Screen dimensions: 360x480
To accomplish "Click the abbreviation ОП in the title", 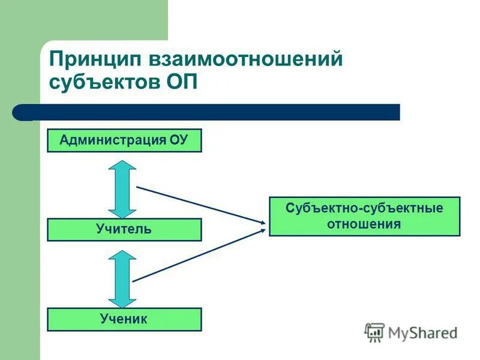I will (x=182, y=82).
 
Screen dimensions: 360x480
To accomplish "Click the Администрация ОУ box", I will (x=124, y=140).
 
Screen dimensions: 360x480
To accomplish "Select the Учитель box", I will (x=124, y=229).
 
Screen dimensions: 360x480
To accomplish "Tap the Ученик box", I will (x=124, y=319).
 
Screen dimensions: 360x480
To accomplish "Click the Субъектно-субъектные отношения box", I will (x=364, y=216).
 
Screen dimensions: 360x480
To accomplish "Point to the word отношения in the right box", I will (x=364, y=224).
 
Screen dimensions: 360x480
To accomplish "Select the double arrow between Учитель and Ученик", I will (x=123, y=279).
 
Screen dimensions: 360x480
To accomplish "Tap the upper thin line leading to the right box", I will (x=198, y=205).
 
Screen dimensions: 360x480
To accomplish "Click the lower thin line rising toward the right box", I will (x=198, y=256).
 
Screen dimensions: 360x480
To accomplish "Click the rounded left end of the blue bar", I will (x=19, y=112).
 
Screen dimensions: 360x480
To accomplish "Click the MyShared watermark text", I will (x=422, y=332).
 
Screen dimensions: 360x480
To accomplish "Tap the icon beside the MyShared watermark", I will (x=374, y=332).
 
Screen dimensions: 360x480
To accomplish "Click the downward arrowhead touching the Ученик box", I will (x=123, y=301).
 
